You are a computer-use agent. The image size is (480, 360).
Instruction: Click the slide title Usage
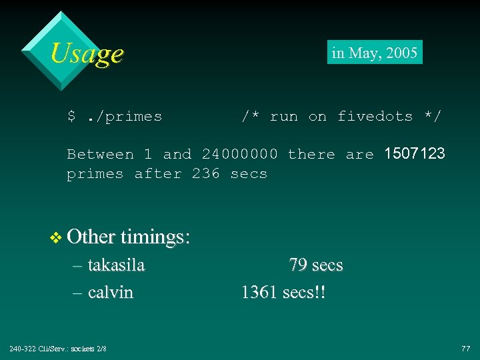87,53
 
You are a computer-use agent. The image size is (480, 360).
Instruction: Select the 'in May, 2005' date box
375,53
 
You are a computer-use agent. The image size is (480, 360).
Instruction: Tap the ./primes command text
124,117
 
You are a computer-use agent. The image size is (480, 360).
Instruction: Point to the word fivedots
375,117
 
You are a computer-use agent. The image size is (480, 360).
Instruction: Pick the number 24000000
239,155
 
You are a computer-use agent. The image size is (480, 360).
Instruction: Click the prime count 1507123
415,154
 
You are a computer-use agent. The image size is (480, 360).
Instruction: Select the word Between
100,155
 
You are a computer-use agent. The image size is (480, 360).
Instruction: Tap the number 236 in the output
205,174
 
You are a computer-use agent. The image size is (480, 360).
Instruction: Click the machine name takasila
116,265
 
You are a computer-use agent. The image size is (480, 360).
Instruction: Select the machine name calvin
110,292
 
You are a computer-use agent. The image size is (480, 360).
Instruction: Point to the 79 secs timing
316,265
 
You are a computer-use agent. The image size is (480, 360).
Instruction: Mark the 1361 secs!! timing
283,292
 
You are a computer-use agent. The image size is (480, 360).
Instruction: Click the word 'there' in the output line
311,155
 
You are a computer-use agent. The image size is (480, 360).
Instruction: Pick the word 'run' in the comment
283,117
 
